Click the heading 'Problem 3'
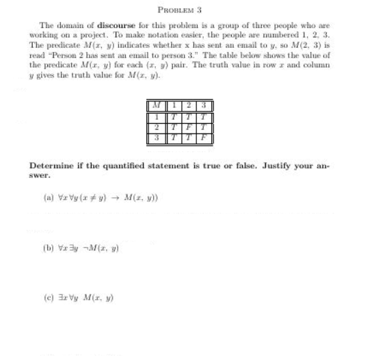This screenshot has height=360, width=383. coord(180,10)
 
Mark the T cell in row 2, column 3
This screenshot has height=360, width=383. coord(204,127)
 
